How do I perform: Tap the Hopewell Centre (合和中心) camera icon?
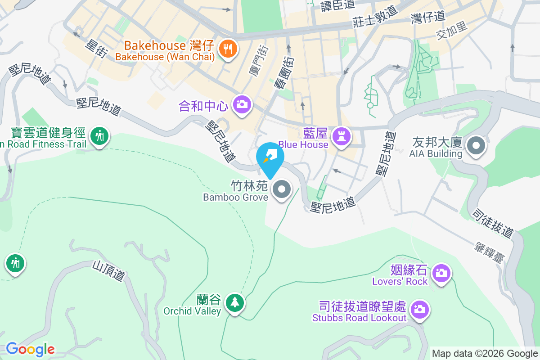tap(242, 104)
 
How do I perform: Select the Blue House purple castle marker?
tap(341, 135)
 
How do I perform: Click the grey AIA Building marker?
tap(475, 146)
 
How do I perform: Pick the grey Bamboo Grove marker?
tap(282, 189)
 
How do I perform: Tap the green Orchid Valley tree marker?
tap(234, 302)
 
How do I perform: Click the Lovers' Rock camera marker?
tap(441, 273)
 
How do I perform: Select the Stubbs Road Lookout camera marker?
tap(420, 309)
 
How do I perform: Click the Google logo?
tap(30, 349)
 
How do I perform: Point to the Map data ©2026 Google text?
tap(485, 353)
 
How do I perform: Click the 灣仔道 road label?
tap(428, 17)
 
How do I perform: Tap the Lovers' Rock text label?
tap(400, 281)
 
